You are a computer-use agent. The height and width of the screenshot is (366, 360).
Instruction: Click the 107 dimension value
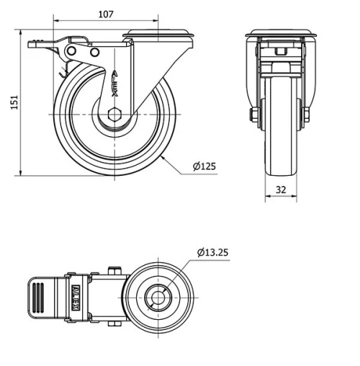pyautogui.click(x=105, y=13)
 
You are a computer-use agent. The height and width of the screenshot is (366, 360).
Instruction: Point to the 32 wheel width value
pyautogui.click(x=281, y=189)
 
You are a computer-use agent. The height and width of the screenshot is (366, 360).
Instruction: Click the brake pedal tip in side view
pyautogui.click(x=32, y=45)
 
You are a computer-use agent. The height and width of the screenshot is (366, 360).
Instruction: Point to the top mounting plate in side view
pyautogui.click(x=160, y=35)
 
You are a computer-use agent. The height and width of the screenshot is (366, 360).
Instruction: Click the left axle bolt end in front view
pyautogui.click(x=253, y=115)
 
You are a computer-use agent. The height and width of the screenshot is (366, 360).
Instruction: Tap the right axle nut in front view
pyautogui.click(x=307, y=115)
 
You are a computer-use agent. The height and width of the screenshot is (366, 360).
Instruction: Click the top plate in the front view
pyautogui.click(x=281, y=35)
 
